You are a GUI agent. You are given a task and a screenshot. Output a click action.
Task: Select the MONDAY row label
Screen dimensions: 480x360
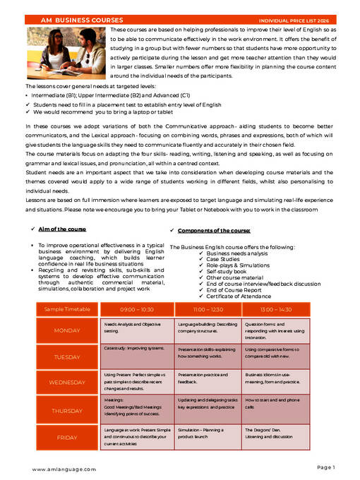click(x=67, y=330)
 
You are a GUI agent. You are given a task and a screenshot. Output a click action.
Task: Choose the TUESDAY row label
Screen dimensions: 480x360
click(x=67, y=357)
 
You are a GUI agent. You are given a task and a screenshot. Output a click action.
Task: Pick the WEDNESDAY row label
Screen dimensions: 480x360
click(x=67, y=382)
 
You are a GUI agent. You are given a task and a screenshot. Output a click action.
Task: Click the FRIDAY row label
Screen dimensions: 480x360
click(x=67, y=437)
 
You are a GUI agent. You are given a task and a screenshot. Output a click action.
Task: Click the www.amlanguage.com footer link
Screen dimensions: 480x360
click(x=64, y=469)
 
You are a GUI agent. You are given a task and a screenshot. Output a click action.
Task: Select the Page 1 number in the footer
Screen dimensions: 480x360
click(x=325, y=467)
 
